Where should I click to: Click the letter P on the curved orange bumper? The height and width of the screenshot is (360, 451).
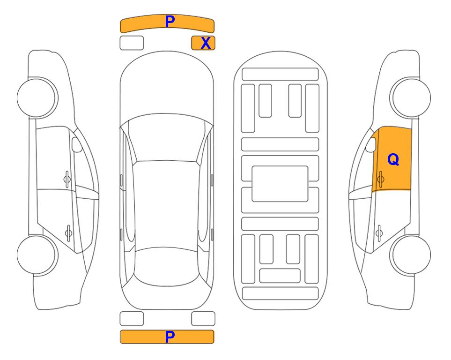(x=170, y=21)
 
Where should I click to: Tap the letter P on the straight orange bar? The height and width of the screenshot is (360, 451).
(x=170, y=337)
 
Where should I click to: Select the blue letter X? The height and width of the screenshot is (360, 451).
(x=206, y=43)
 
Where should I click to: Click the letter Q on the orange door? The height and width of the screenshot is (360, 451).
(x=393, y=159)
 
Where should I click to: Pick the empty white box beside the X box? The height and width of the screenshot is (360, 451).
(x=132, y=43)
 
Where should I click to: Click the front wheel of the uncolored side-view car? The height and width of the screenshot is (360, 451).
(x=37, y=98)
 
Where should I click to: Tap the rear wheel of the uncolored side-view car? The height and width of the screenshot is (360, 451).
(x=37, y=255)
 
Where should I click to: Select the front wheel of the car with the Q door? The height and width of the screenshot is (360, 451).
(x=410, y=98)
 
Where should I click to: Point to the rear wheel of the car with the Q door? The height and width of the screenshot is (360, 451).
(x=410, y=255)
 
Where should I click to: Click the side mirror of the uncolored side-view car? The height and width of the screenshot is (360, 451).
(x=77, y=144)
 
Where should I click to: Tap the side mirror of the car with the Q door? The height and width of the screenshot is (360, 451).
(x=371, y=144)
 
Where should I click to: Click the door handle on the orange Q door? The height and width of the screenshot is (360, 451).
(x=380, y=179)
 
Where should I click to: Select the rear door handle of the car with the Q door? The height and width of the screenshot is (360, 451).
(x=379, y=232)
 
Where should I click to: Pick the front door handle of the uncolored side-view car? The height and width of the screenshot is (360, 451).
(x=67, y=179)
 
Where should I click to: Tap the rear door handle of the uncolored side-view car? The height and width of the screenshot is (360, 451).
(x=68, y=232)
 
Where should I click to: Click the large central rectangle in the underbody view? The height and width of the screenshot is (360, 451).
(x=280, y=184)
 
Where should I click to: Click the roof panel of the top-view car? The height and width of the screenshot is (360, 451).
(x=167, y=205)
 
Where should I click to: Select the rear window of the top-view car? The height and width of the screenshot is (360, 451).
(x=167, y=266)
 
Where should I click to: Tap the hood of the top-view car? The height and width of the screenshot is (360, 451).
(x=167, y=86)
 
